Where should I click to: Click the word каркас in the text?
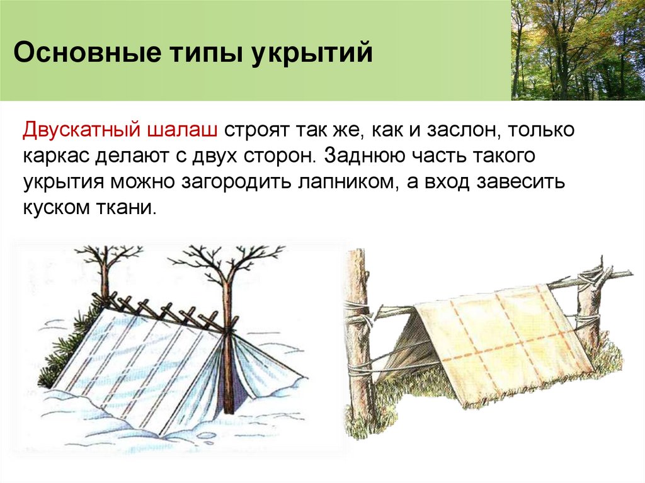click(x=57, y=157)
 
